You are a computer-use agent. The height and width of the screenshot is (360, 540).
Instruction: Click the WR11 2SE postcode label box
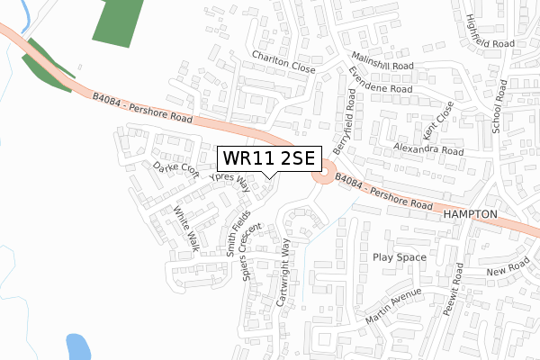pos(267,158)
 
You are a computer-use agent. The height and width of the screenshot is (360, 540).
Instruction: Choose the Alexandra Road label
pos(427,150)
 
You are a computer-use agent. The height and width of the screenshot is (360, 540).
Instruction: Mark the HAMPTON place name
pos(470,216)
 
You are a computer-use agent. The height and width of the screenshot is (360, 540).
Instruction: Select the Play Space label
pos(397,256)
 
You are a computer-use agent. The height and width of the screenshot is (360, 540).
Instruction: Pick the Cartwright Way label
pos(285,273)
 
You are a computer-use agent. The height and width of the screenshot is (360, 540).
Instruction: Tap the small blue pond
pos(77,346)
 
